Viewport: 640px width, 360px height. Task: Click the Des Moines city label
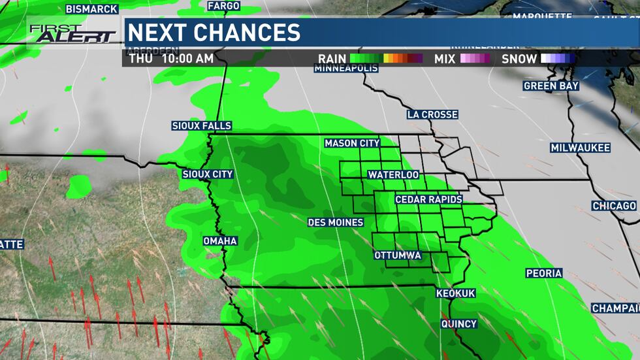(336, 223)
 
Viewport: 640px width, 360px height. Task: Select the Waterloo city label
(393, 175)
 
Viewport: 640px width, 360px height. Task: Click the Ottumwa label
(397, 255)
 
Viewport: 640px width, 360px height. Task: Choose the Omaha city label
(220, 241)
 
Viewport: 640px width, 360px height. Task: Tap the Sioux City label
(208, 174)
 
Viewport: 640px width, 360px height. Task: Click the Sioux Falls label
(202, 126)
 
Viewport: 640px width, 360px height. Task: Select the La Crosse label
(432, 114)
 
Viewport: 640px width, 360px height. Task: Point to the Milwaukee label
(580, 148)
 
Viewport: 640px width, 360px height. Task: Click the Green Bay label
(550, 86)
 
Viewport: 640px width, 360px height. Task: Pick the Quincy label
(459, 324)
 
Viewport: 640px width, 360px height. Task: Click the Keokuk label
(456, 294)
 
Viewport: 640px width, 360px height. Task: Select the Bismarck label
(92, 9)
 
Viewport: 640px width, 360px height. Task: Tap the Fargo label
(224, 6)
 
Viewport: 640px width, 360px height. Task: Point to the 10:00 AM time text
(187, 59)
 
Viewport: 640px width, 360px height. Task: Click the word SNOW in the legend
(519, 59)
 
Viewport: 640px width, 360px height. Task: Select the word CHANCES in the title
(254, 32)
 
